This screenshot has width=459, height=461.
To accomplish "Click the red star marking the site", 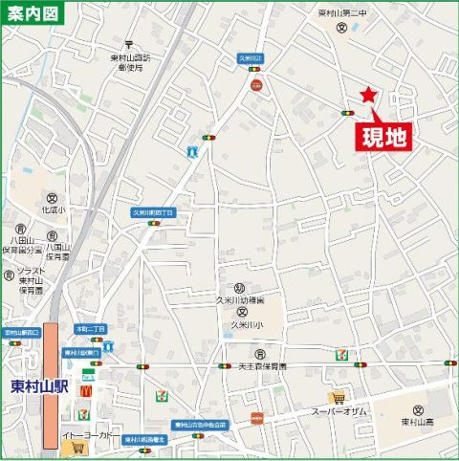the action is pos(367,94).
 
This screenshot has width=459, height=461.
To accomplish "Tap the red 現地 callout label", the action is pos(383,136).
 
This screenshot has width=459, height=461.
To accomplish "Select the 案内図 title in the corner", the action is pos(32,14).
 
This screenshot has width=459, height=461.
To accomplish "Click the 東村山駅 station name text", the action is pos(34,387).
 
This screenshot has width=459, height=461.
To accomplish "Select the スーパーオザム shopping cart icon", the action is pos(336,397).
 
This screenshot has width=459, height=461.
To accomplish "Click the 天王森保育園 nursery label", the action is pos(262,365).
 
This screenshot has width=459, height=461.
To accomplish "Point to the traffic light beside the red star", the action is pos(346,114).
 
